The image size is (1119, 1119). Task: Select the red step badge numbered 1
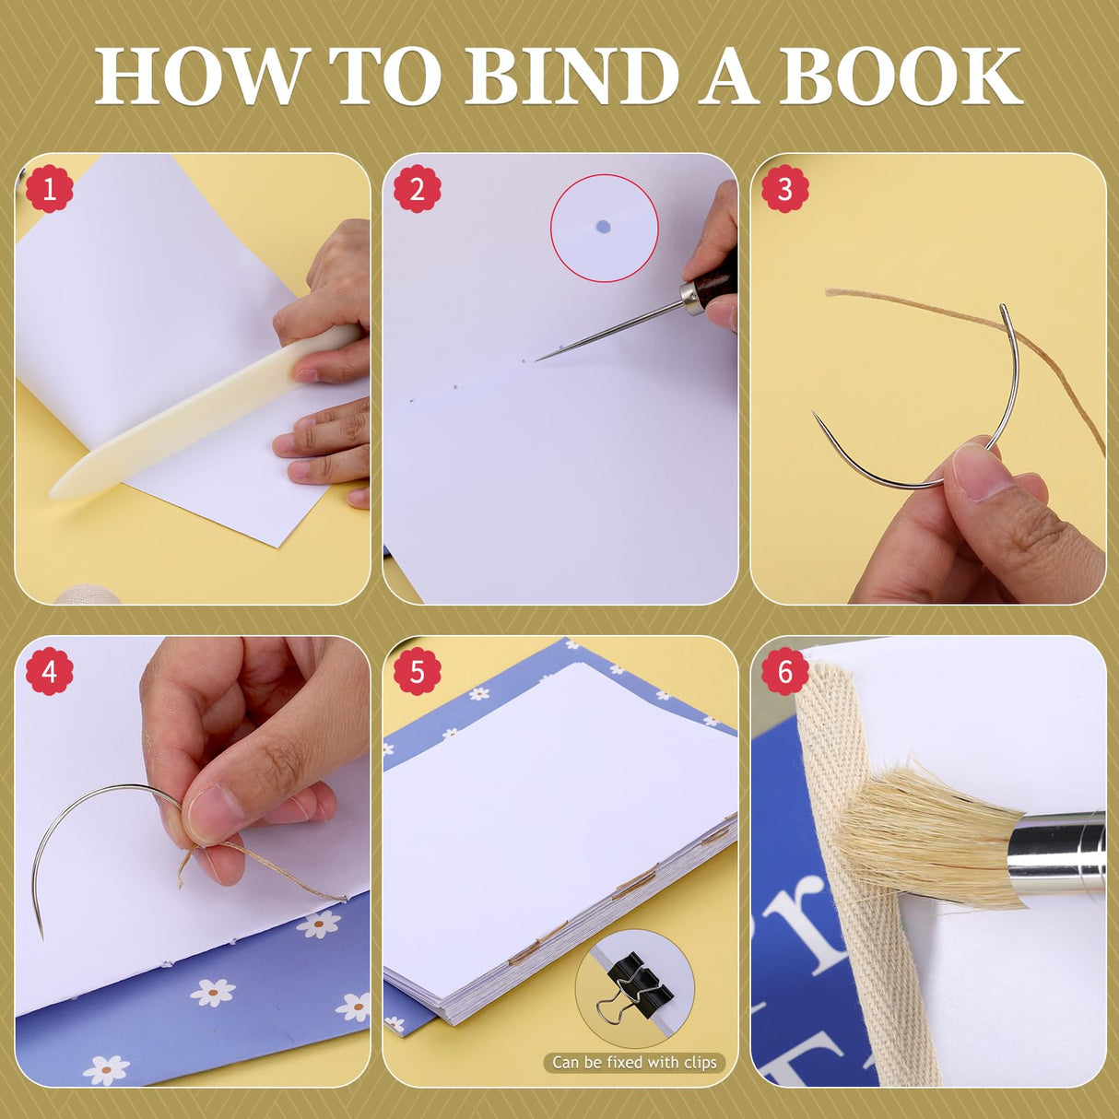coord(49,189)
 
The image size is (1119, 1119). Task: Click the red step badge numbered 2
coord(417,189)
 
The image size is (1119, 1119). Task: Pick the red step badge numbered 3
coord(784,189)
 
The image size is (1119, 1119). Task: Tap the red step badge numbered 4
coord(49,671)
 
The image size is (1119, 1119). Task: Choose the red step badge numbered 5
coord(417,671)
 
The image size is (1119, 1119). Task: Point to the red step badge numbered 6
coord(784,671)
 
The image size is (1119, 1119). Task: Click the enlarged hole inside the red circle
coord(603,227)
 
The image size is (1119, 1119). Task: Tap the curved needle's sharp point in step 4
coord(41,933)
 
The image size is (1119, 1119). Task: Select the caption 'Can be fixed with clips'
coord(634,1063)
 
